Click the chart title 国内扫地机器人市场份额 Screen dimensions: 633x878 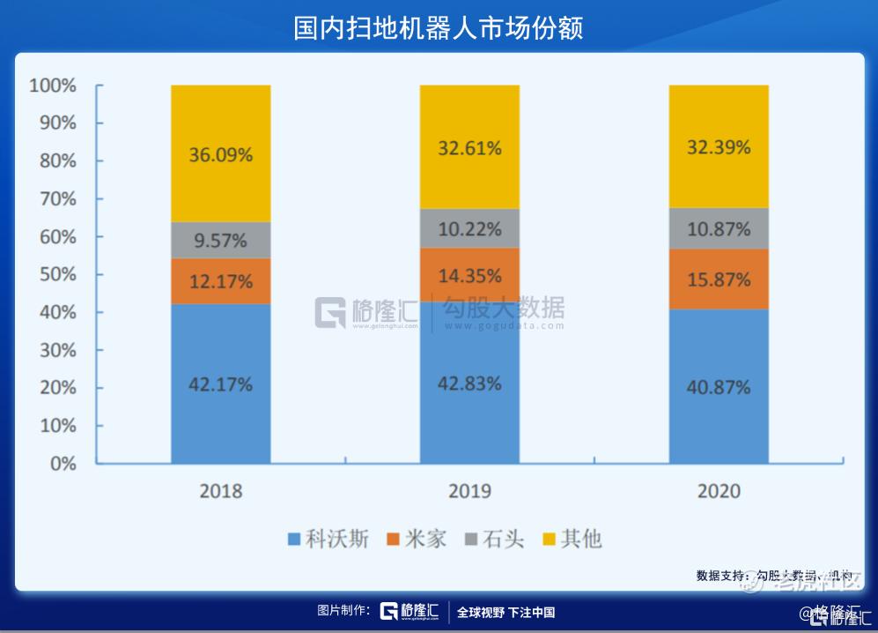point(438,27)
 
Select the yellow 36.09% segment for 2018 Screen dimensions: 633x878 point(220,153)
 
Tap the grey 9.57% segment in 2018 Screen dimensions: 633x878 point(220,240)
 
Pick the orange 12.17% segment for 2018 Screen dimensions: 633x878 point(220,281)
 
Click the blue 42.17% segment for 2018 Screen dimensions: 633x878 point(220,384)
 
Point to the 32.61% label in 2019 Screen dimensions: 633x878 point(469,148)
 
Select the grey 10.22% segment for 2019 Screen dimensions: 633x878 point(469,229)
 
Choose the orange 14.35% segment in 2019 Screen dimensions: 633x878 point(469,274)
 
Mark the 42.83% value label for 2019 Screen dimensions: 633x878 point(469,384)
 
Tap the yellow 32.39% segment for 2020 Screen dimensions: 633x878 point(719,147)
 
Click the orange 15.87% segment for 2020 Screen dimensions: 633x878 point(719,279)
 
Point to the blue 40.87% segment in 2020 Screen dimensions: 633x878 point(719,386)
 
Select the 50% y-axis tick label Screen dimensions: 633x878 point(57,274)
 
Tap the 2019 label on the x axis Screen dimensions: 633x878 point(469,491)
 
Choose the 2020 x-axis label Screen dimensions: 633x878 point(719,491)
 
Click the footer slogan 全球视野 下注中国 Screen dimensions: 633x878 point(505,613)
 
